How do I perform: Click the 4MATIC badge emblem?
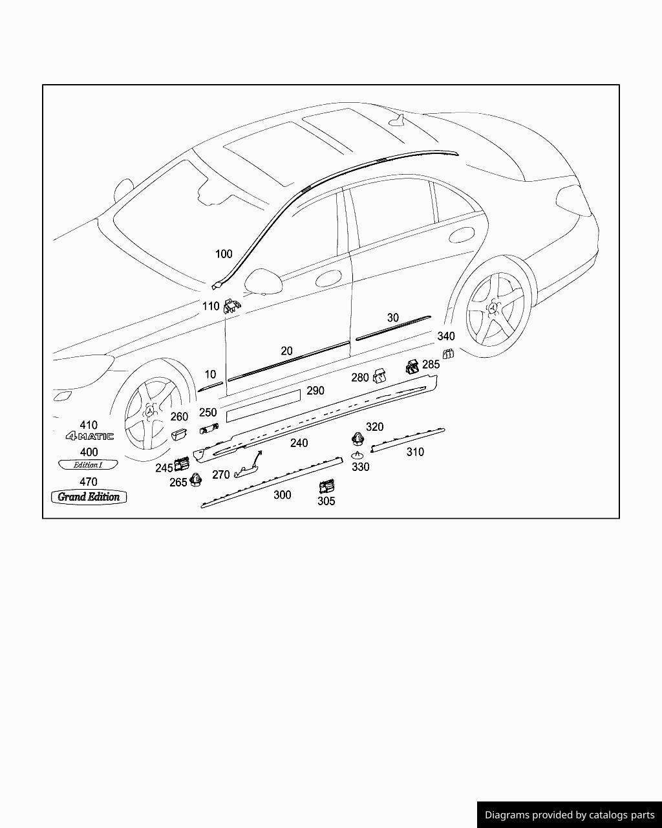(x=89, y=437)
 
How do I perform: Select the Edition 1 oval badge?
(x=89, y=464)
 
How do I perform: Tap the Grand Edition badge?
(x=89, y=497)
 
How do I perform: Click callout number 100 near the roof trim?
(x=224, y=254)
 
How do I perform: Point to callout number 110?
(x=211, y=306)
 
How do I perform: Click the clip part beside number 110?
(x=231, y=307)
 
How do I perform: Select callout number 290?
(x=315, y=391)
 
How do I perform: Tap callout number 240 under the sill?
(x=299, y=443)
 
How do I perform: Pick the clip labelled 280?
(x=380, y=375)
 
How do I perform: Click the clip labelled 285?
(x=412, y=367)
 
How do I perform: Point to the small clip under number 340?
(x=448, y=353)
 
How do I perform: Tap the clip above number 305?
(x=327, y=486)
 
